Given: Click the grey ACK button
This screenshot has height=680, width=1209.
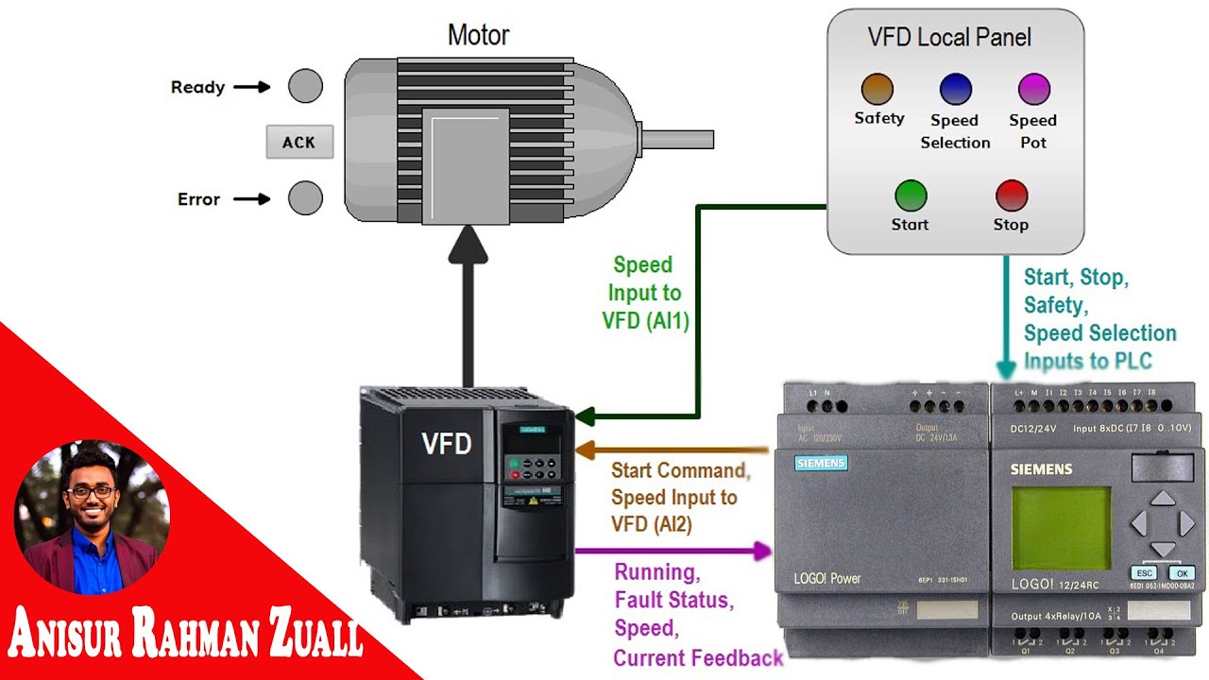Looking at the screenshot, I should click(x=299, y=143).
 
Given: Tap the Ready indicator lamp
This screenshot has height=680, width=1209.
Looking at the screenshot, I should click(x=305, y=86).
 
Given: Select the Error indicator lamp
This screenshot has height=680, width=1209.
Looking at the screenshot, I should click(x=305, y=198).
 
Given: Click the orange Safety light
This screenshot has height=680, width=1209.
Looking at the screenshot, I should click(x=877, y=90).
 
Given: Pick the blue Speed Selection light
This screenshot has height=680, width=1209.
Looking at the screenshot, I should click(x=956, y=90).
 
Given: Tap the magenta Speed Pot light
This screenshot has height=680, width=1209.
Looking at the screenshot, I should click(x=1033, y=90).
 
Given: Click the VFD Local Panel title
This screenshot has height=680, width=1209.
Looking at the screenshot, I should click(x=949, y=38).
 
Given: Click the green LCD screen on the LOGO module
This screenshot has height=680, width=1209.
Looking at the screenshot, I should click(x=1062, y=529).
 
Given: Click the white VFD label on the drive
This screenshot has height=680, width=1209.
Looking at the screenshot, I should click(x=447, y=443).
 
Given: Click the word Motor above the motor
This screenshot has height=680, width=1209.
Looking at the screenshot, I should click(x=478, y=36).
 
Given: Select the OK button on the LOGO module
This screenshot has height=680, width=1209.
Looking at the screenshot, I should click(x=1181, y=573).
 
